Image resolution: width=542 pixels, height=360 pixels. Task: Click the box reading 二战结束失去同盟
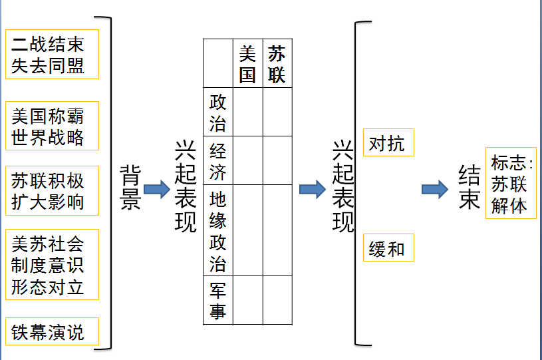(x=51, y=54)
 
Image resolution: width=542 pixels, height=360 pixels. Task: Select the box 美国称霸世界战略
(x=51, y=126)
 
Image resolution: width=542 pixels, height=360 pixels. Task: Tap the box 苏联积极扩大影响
(x=51, y=190)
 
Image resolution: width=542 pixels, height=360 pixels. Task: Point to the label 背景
(x=130, y=189)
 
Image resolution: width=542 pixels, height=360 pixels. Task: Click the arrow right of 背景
(x=157, y=189)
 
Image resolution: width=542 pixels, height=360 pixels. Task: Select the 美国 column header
(x=247, y=63)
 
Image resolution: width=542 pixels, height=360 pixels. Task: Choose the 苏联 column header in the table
(x=277, y=63)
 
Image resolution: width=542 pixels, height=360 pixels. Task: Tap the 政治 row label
(x=217, y=112)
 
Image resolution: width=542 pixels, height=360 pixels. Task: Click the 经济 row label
(x=217, y=160)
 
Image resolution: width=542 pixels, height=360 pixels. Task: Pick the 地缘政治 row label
(x=217, y=230)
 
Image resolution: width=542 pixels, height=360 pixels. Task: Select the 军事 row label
(x=217, y=300)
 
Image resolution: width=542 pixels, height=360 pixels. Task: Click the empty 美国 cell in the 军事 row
(x=247, y=300)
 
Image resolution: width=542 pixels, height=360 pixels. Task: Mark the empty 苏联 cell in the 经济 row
(x=277, y=160)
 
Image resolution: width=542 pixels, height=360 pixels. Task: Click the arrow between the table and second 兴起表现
(x=312, y=189)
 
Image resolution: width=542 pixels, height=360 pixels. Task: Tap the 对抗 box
(x=388, y=143)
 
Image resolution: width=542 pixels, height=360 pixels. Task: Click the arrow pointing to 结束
(x=435, y=189)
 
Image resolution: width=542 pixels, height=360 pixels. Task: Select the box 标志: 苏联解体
(x=510, y=183)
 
